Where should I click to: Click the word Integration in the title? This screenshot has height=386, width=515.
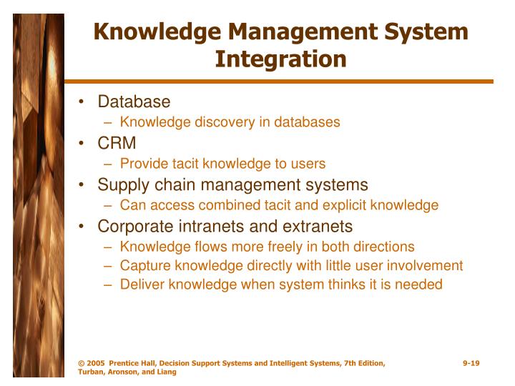(x=280, y=59)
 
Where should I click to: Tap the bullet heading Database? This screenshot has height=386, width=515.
(x=134, y=102)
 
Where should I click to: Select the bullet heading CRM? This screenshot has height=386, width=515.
(x=117, y=144)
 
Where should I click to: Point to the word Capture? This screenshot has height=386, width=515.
(x=144, y=266)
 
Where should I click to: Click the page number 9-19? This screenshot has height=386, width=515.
(x=471, y=363)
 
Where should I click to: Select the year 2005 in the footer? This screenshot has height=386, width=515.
(x=97, y=363)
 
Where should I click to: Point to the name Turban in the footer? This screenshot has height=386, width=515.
(x=91, y=372)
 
